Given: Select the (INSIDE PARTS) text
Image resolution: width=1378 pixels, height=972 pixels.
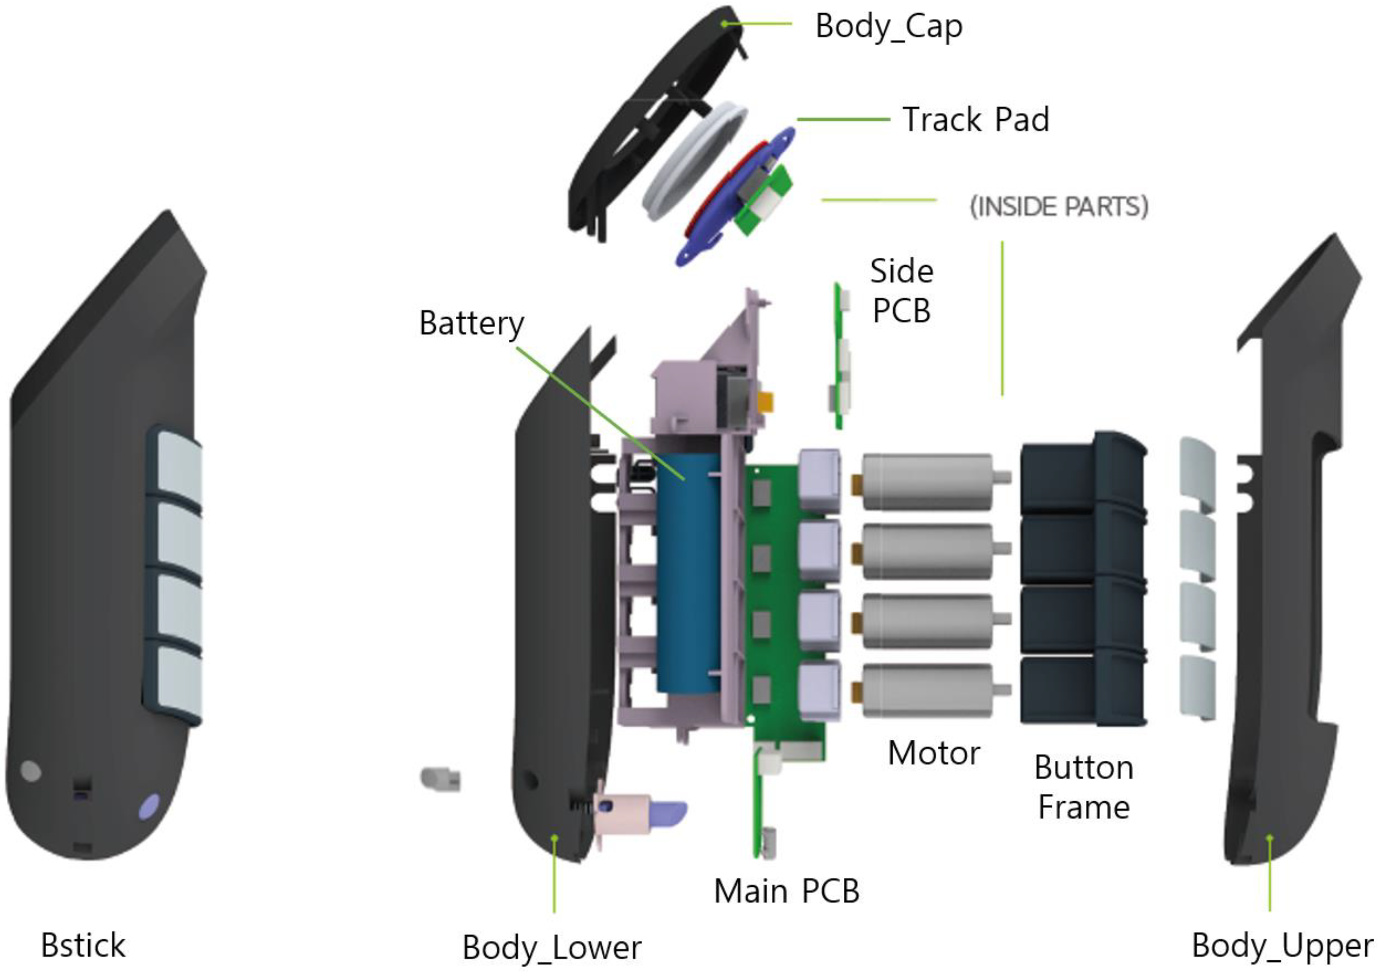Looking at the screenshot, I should tap(1059, 206).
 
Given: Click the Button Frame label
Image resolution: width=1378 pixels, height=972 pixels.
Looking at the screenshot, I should tap(1084, 787).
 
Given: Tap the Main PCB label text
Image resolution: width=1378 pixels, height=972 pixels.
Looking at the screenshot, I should tap(786, 891).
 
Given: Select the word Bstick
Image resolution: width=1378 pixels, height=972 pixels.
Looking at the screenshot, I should tap(83, 946).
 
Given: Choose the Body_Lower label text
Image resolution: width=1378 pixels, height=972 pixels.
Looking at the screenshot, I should tap(552, 948).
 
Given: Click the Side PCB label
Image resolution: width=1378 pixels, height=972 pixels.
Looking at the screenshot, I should tap(901, 291).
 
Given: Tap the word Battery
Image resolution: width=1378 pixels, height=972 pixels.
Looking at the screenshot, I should tap(471, 324).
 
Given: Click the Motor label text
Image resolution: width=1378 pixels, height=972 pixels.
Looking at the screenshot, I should tap(934, 753).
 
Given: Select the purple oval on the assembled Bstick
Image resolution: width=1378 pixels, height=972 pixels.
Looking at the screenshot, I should tap(149, 807).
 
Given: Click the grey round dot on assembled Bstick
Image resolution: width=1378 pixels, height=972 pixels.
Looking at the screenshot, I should tap(31, 770).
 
